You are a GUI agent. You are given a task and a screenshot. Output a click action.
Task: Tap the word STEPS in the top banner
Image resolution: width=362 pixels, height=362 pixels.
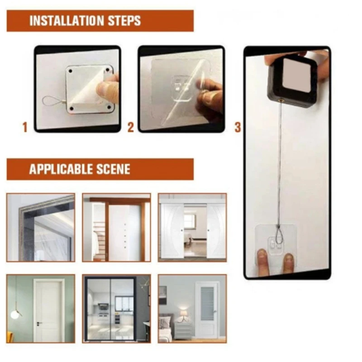(124, 21)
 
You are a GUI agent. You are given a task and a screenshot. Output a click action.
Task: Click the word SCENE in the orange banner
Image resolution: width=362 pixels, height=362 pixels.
(113, 169)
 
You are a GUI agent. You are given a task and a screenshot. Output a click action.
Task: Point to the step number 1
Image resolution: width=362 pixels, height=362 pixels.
(25, 128)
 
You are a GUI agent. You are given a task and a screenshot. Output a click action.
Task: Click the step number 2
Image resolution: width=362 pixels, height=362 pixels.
(131, 128)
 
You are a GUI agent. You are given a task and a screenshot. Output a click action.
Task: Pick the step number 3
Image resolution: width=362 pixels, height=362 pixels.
(238, 128)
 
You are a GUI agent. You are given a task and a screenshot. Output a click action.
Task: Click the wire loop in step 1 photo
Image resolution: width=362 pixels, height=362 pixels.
(51, 102)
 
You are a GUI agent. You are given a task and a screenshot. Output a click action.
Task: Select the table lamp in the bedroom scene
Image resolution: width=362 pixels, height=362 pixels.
(183, 313)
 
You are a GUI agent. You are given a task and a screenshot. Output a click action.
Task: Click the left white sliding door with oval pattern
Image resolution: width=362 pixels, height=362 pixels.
(172, 231)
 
